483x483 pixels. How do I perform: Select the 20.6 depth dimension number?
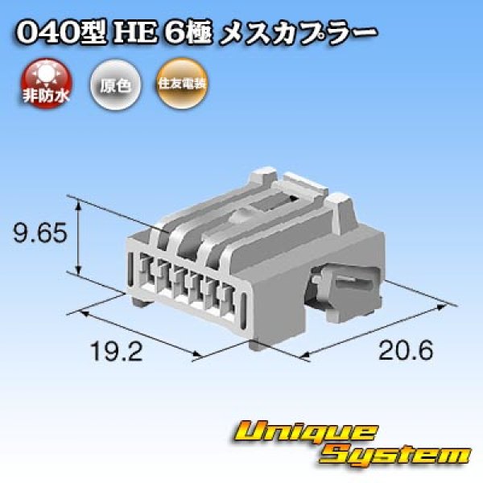(400, 351)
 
